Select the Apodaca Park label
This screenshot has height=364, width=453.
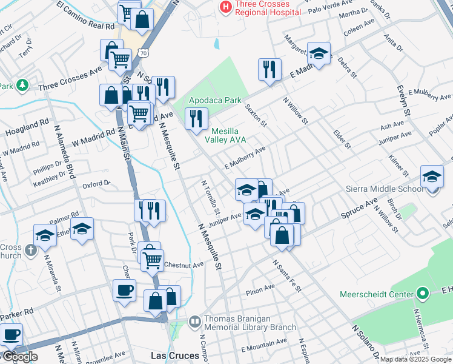pyautogui.click(x=215, y=100)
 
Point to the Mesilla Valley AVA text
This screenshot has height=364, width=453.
pyautogui.click(x=225, y=135)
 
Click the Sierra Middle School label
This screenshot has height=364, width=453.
pyautogui.click(x=384, y=189)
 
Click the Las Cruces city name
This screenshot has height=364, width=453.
pyautogui.click(x=174, y=355)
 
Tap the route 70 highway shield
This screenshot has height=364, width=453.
pyautogui.click(x=143, y=53)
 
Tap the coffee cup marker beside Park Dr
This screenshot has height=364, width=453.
pyautogui.click(x=124, y=289)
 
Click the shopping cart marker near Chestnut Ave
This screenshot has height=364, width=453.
pyautogui.click(x=152, y=260)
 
